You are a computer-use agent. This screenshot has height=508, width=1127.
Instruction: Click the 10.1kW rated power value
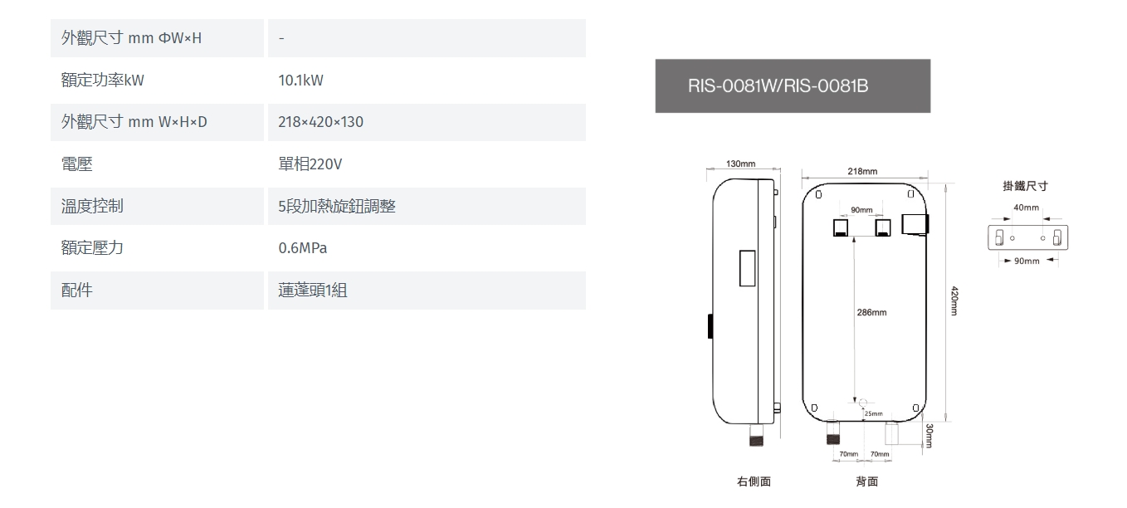pyautogui.click(x=300, y=80)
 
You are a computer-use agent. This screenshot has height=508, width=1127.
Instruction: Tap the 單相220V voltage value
pyautogui.click(x=310, y=164)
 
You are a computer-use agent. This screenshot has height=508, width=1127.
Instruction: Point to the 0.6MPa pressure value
pyautogui.click(x=302, y=247)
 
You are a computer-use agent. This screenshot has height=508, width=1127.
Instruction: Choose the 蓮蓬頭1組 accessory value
pyautogui.click(x=312, y=290)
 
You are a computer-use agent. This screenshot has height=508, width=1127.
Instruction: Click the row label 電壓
pyautogui.click(x=77, y=164)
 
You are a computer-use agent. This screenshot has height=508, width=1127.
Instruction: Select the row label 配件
pyautogui.click(x=77, y=290)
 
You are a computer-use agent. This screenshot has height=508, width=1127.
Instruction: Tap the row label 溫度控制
pyautogui.click(x=92, y=206)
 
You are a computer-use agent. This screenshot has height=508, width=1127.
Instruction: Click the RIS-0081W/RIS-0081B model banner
pyautogui.click(x=793, y=86)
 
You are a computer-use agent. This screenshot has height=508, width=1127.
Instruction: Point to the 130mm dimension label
pyautogui.click(x=740, y=164)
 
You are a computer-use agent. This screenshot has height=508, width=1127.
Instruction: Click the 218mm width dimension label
pyautogui.click(x=862, y=171)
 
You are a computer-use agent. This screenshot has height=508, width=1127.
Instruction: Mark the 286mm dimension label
pyautogui.click(x=872, y=312)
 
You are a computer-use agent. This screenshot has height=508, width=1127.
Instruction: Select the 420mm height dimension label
pyautogui.click(x=954, y=301)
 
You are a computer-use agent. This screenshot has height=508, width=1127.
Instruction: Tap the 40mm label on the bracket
pyautogui.click(x=1027, y=208)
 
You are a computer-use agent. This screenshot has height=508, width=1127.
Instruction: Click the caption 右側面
pyautogui.click(x=754, y=481)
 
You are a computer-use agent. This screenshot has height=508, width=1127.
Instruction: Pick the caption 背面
pyautogui.click(x=867, y=481)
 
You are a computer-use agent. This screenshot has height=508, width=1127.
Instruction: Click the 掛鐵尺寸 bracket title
pyautogui.click(x=1026, y=186)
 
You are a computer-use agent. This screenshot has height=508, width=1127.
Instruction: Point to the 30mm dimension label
pyautogui.click(x=929, y=436)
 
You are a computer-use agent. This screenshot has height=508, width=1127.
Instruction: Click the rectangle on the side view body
pyautogui.click(x=747, y=268)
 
